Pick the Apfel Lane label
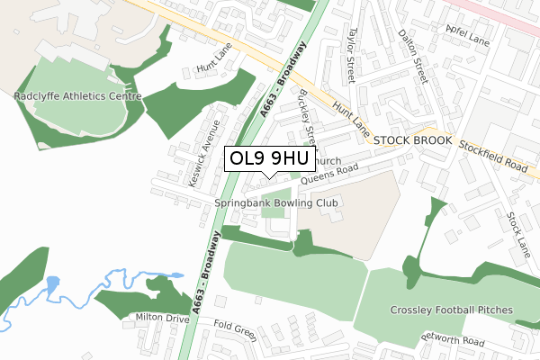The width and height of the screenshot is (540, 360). [467, 34]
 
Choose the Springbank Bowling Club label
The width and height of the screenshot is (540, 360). [276, 204]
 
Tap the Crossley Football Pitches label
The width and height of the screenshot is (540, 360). [451, 310]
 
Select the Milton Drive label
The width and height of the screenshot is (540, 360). [162, 319]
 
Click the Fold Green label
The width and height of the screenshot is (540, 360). [234, 333]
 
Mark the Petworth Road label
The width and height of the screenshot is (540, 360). [456, 342]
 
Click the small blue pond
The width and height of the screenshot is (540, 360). [52, 283]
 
